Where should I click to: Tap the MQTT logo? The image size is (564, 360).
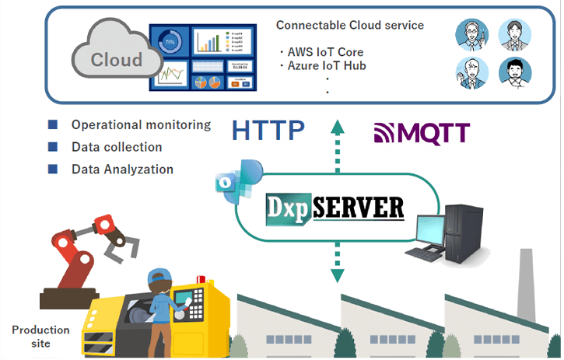pyautogui.click(x=422, y=134)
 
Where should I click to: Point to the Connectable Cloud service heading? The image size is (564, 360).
pyautogui.click(x=350, y=25)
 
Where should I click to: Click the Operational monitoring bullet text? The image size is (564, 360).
pyautogui.click(x=141, y=124)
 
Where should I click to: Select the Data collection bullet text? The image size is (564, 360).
pyautogui.click(x=117, y=147)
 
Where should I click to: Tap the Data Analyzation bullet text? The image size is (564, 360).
pyautogui.click(x=122, y=169)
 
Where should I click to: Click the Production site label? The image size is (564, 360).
pyautogui.click(x=40, y=336)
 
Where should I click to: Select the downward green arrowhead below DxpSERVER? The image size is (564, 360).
pyautogui.click(x=337, y=275)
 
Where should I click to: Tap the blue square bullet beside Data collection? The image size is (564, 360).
pyautogui.click(x=53, y=147)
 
